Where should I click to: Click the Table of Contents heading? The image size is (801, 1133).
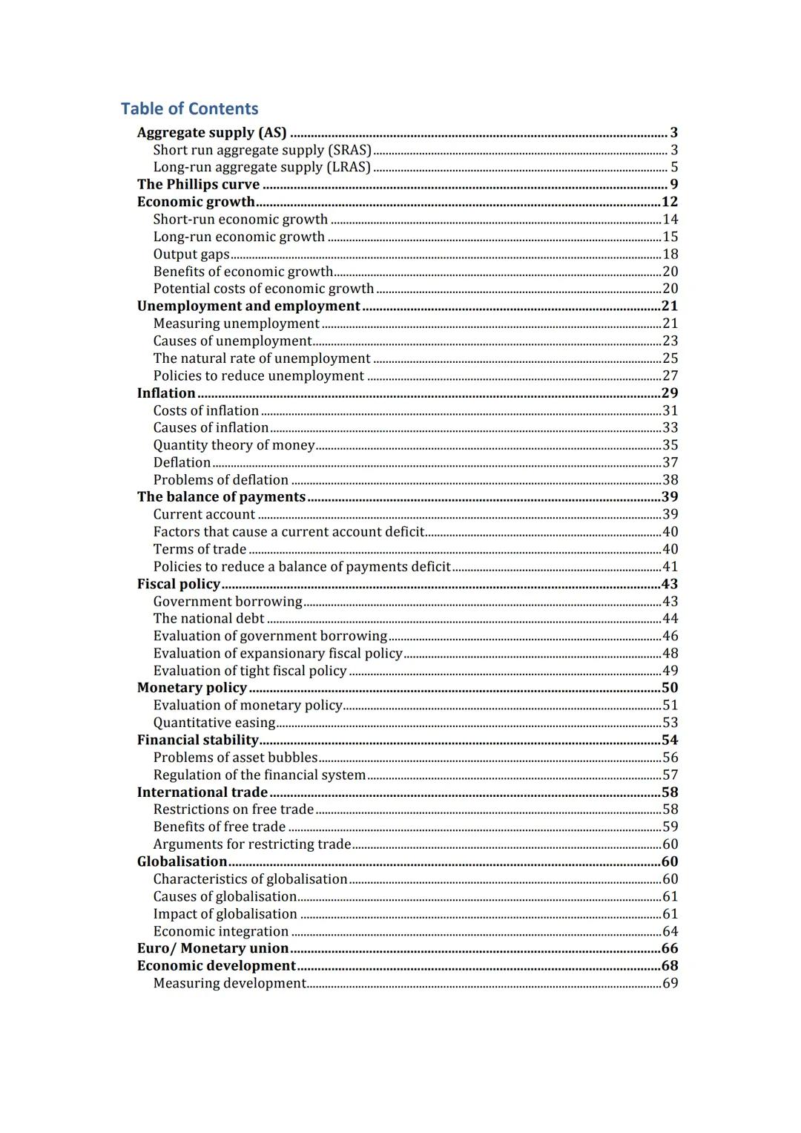[189, 109]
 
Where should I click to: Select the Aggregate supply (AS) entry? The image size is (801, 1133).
[211, 133]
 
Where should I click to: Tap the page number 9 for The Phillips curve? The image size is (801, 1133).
[673, 185]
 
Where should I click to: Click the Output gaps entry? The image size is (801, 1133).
[191, 254]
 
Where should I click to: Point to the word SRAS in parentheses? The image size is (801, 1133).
[349, 150]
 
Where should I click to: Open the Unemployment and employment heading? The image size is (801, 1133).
[248, 306]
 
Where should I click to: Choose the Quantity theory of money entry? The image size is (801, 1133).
[234, 445]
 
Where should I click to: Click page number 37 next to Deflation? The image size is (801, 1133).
[670, 463]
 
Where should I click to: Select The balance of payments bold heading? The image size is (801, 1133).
[221, 497]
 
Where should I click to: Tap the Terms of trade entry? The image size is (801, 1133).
[200, 549]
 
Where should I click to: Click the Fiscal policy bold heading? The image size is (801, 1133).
[179, 585]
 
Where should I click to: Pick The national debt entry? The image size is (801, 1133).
[208, 619]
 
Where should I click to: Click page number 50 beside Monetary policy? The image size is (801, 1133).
[670, 688]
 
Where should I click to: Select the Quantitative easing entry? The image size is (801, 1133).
[214, 723]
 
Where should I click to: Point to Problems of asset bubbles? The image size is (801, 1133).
[235, 758]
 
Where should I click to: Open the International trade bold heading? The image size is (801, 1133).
[202, 792]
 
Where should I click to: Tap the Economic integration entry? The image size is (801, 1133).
[220, 932]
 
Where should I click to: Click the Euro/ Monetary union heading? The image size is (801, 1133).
[212, 949]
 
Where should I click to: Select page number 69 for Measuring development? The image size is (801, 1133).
[670, 984]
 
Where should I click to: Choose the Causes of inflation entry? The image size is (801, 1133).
[211, 428]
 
